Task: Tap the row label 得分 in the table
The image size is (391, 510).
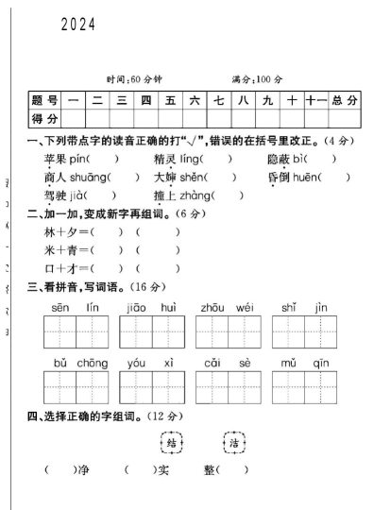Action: pos(44,118)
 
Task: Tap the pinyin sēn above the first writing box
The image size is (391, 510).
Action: pos(60,308)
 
